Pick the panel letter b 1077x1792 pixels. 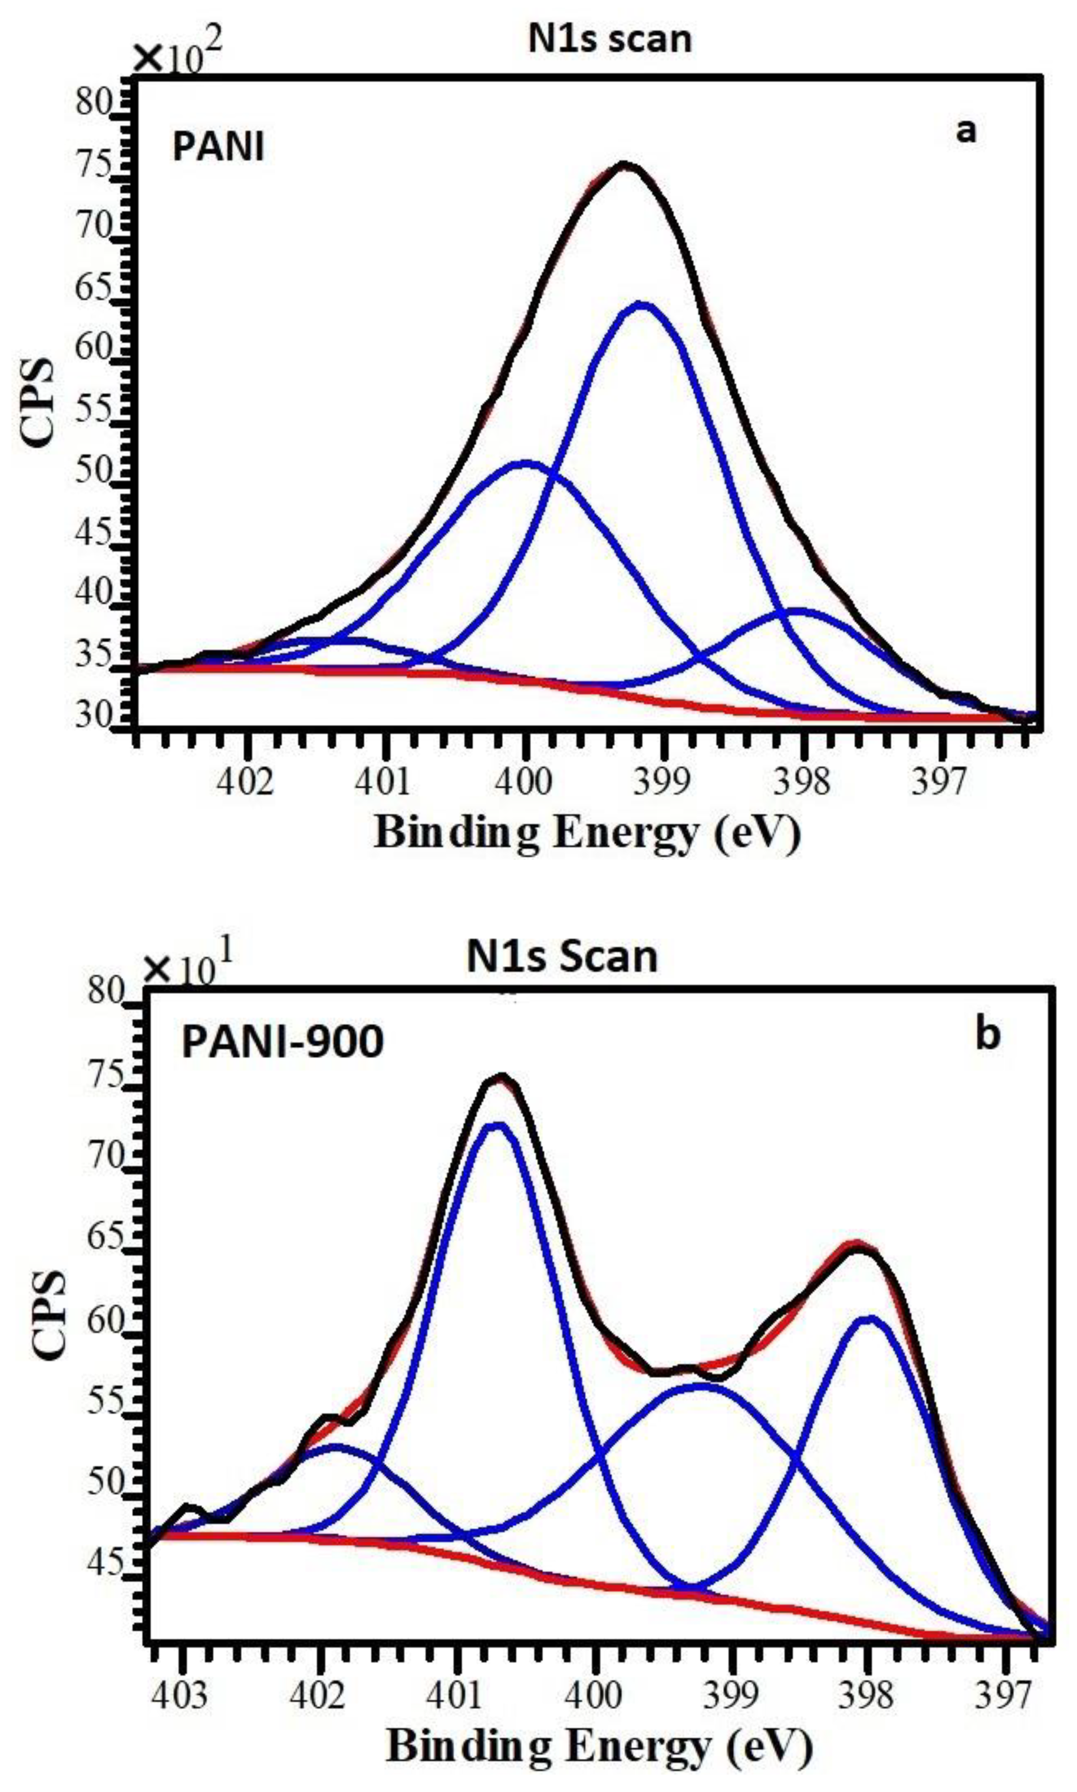[x=987, y=1034]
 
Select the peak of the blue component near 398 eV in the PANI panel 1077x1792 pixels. [x=798, y=611]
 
